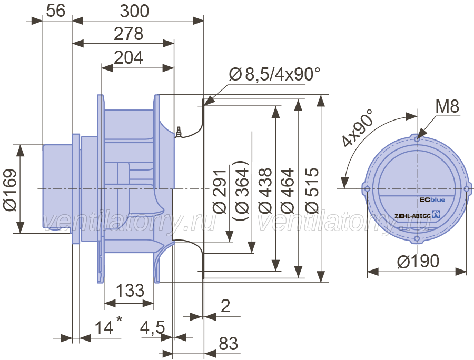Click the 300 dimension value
134,12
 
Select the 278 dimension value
129,34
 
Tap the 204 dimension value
129,57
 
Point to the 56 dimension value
56,11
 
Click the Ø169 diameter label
11,189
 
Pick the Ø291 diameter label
220,192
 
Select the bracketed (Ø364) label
241,191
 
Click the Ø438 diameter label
265,191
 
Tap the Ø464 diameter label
288,191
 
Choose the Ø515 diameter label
312,191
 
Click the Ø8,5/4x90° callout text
274,74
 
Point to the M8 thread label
447,106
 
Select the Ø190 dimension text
418,261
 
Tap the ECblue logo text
432,199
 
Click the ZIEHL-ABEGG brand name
412,216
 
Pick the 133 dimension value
130,291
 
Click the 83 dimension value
228,344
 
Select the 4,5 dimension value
153,328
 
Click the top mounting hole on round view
417,139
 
